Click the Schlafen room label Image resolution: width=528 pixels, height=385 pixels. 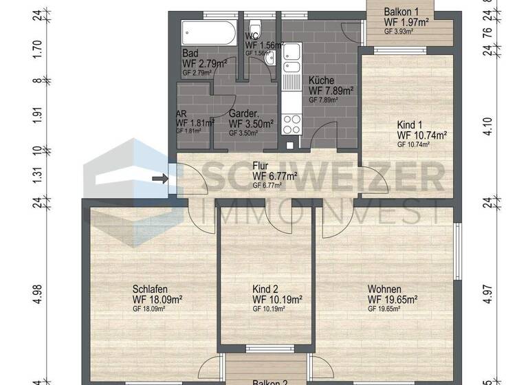point(151,289)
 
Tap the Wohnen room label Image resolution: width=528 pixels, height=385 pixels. point(384,289)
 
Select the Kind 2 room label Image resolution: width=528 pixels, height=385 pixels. point(265,289)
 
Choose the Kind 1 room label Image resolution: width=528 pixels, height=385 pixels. point(411,125)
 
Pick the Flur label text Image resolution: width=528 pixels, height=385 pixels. point(260,166)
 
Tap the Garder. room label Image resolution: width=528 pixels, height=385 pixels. point(244,114)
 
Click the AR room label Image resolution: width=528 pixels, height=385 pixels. point(182,114)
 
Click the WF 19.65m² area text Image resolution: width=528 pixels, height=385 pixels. point(393,300)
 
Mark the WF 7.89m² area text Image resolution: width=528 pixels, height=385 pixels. point(331,90)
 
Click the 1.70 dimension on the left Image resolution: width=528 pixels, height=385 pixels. point(38,48)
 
